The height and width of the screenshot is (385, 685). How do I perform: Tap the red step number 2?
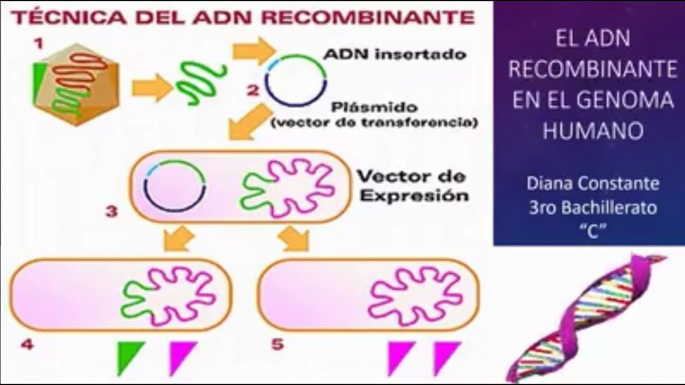click(x=253, y=89)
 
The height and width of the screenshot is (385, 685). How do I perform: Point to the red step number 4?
click(x=27, y=344)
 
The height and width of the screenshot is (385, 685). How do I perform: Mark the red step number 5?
click(x=277, y=344)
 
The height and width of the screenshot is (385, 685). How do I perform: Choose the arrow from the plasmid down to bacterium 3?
click(x=249, y=122)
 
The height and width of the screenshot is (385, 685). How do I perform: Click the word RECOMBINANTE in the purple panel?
click(x=592, y=70)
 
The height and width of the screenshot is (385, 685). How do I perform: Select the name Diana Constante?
click(x=592, y=183)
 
